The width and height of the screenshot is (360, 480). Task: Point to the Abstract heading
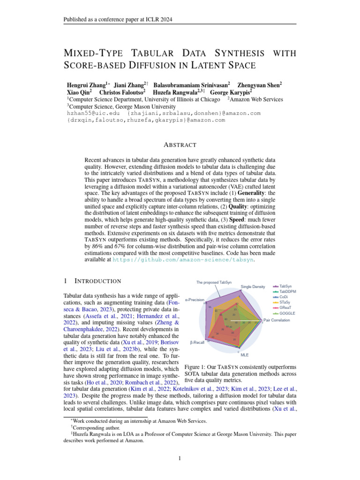(x=180, y=145)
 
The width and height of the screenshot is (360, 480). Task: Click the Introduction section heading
(x=98, y=281)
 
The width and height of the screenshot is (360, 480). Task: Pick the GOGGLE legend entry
(x=291, y=313)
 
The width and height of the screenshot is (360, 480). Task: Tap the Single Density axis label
(x=253, y=286)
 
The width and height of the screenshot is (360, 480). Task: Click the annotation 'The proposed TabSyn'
(x=214, y=282)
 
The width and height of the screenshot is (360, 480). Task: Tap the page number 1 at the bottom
(x=180, y=458)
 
